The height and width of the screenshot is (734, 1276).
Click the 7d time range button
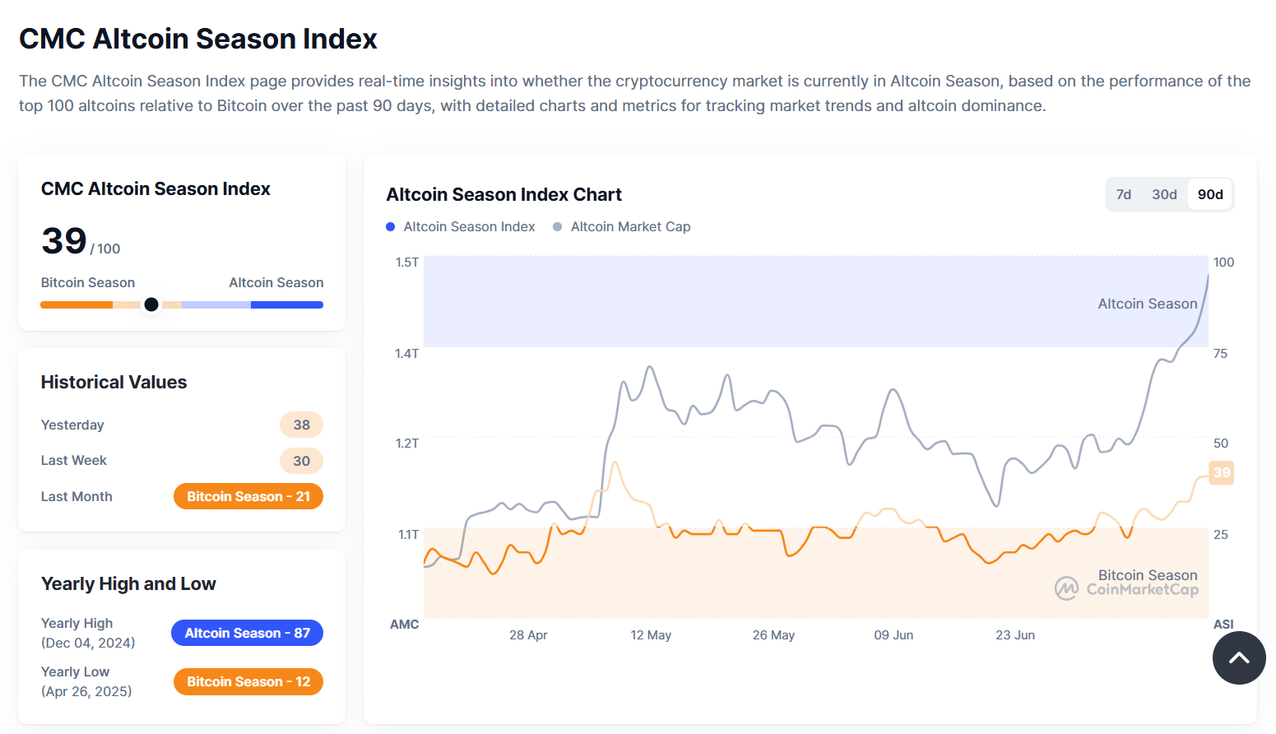(x=1123, y=195)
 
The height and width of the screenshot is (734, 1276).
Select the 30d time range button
(x=1164, y=195)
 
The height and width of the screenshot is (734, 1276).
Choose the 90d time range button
(x=1210, y=195)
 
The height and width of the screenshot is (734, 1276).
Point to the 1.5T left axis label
(x=407, y=262)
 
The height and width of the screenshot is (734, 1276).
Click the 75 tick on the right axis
(x=1220, y=354)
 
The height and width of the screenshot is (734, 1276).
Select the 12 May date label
(x=651, y=635)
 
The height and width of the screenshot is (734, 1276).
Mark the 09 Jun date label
(x=893, y=635)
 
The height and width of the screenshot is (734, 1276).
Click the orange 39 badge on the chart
(x=1222, y=473)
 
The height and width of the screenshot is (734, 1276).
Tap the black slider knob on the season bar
(x=151, y=304)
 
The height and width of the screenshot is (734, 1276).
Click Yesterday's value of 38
(x=301, y=425)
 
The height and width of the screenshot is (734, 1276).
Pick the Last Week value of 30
(x=301, y=461)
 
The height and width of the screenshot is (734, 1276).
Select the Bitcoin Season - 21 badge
(x=248, y=497)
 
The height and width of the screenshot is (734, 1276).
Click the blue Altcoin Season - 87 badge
(x=247, y=634)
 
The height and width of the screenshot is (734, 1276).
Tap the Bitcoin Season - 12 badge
(x=248, y=682)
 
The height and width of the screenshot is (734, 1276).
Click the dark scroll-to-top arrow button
(x=1239, y=658)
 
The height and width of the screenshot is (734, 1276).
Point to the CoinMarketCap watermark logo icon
(x=1067, y=588)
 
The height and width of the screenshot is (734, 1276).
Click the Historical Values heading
(x=114, y=383)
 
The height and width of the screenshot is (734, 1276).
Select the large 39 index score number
(x=64, y=241)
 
